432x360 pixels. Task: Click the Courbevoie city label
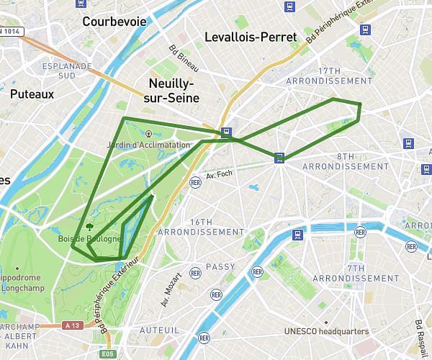[114, 22]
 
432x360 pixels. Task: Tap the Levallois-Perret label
[251, 37]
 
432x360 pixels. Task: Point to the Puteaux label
[32, 94]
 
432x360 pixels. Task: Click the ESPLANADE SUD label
[67, 70]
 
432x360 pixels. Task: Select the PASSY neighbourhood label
[220, 267]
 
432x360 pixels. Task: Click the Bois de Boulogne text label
[89, 239]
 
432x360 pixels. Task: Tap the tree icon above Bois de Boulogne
[89, 224]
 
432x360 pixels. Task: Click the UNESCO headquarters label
[326, 331]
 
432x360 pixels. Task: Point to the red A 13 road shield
[71, 325]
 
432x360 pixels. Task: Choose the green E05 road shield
[108, 354]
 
